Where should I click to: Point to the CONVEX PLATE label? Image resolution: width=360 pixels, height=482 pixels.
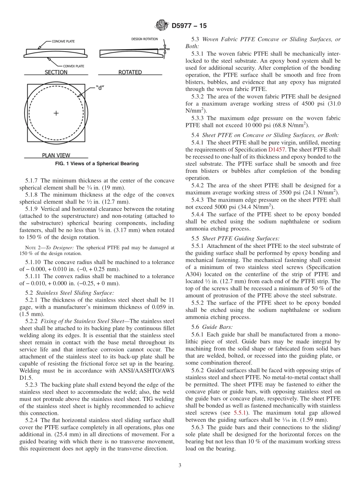coord(74,66)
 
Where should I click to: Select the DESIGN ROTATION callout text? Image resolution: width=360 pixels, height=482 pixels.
coord(145,39)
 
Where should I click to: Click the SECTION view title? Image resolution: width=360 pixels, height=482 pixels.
coord(56,72)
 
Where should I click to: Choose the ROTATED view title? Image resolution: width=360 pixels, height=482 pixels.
coord(130,72)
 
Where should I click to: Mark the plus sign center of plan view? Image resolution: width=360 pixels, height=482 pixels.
coord(56,113)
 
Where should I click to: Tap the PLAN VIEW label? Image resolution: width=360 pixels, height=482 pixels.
coord(56,155)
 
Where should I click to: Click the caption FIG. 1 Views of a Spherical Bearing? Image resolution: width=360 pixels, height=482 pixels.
coord(97,164)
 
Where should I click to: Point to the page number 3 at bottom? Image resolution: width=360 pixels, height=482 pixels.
coord(180,466)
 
